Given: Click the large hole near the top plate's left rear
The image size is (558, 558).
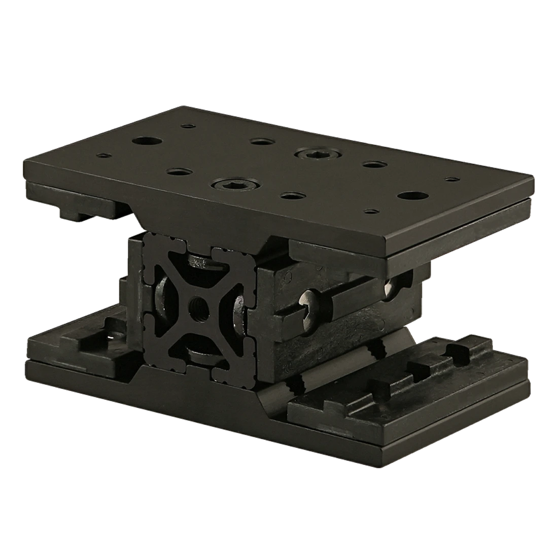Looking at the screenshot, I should click(143, 141).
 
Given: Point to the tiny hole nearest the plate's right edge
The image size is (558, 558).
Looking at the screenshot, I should click(451, 179).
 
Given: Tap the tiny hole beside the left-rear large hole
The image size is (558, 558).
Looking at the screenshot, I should click(189, 126).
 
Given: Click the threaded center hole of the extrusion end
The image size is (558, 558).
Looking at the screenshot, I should click(196, 306).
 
